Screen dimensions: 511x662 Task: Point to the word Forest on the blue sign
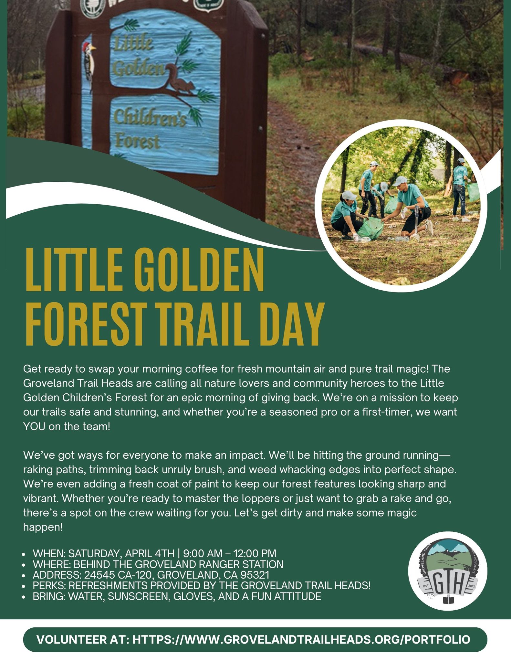(137, 142)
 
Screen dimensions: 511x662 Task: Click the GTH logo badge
(447, 571)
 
